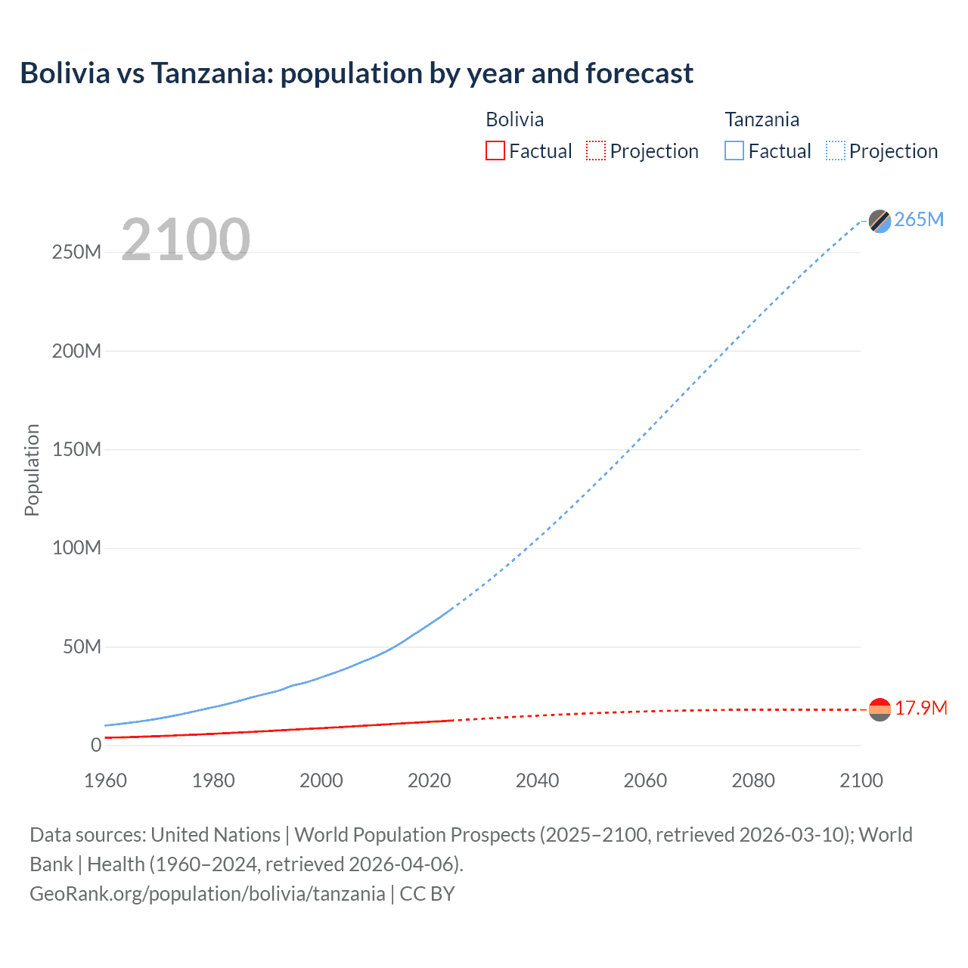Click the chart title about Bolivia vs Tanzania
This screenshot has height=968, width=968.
(356, 73)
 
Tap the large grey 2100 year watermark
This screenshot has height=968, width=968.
(185, 240)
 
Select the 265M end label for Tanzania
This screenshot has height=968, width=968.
(919, 219)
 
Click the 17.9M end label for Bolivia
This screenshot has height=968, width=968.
(920, 708)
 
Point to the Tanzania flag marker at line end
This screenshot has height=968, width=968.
(880, 221)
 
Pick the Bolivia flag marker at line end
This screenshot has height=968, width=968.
(880, 709)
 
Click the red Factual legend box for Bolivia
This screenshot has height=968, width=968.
(495, 150)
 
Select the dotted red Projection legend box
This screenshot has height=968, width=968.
(596, 150)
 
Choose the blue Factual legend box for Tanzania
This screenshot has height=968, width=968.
(734, 150)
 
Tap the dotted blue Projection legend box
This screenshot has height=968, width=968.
(836, 150)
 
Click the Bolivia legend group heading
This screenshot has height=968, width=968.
(514, 119)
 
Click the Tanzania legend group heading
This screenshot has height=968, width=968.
(762, 119)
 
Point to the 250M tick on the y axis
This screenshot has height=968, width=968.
(76, 252)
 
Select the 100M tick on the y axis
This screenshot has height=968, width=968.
(76, 548)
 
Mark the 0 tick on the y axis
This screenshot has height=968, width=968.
(96, 745)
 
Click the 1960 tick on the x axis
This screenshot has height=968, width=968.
(105, 780)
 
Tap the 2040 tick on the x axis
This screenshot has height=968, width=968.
(537, 780)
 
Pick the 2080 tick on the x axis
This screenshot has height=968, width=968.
(753, 780)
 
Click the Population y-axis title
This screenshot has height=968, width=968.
(32, 470)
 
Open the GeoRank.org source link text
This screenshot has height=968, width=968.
(207, 894)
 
